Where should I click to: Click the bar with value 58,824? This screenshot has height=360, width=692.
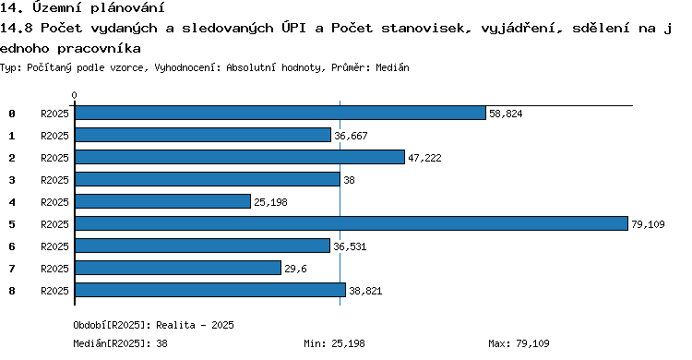tap(280, 114)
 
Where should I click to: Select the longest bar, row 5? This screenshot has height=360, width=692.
tap(352, 223)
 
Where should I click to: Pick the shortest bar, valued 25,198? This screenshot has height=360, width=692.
tap(162, 201)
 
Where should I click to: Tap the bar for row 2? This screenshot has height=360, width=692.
tap(240, 157)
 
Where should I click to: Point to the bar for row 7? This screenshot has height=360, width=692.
tap(178, 268)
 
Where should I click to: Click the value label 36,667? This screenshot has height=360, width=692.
tap(351, 136)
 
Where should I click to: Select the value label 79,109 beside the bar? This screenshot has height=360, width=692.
tap(648, 224)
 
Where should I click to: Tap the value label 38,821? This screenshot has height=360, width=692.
tap(365, 291)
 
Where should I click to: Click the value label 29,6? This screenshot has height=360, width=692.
tap(295, 269)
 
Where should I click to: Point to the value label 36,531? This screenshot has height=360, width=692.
tap(350, 246)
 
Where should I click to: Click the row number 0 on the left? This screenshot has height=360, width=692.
tap(12, 114)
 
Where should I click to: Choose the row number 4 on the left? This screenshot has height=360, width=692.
tap(12, 202)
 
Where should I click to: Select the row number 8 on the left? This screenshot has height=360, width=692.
tap(12, 291)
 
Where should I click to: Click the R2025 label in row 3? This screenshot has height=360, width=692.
tap(54, 180)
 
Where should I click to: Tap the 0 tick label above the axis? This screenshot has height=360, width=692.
tap(74, 95)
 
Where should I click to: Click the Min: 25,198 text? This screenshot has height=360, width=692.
tap(334, 343)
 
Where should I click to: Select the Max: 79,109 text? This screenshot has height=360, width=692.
tap(519, 343)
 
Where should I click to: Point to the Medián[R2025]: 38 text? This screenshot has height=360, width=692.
tap(121, 343)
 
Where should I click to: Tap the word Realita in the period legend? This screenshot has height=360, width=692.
tap(175, 325)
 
